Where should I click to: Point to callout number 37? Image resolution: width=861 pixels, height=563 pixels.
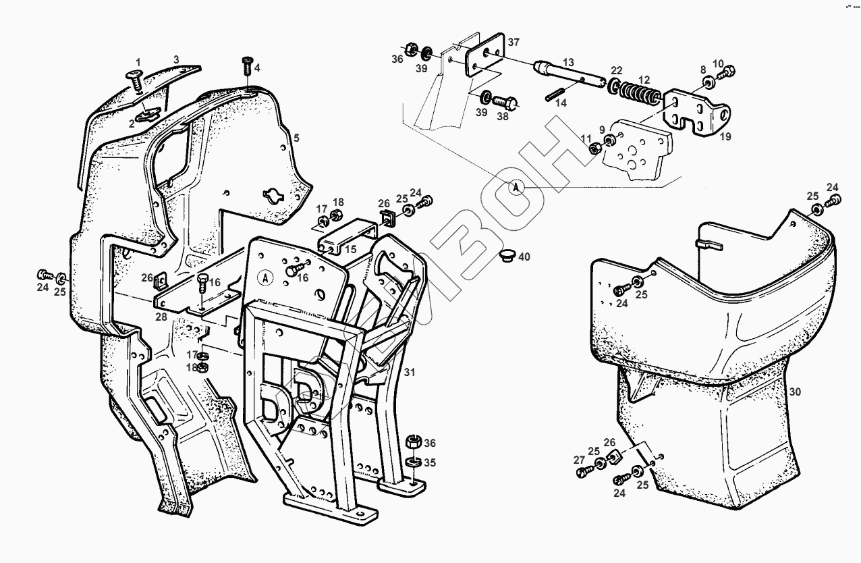pyautogui.click(x=514, y=43)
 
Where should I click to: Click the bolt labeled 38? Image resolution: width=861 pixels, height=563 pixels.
pyautogui.click(x=505, y=103)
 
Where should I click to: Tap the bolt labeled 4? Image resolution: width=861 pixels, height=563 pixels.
pyautogui.click(x=246, y=67)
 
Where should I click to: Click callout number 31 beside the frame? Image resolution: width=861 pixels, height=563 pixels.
pyautogui.click(x=410, y=372)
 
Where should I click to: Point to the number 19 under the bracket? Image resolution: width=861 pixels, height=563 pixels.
pyautogui.click(x=725, y=136)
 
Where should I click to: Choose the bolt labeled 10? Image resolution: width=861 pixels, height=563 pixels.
pyautogui.click(x=727, y=70)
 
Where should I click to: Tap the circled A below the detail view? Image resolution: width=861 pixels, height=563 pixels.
pyautogui.click(x=517, y=188)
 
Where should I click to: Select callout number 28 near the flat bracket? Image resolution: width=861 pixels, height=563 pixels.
pyautogui.click(x=161, y=317)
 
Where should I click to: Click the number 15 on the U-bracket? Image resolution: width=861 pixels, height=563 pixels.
pyautogui.click(x=350, y=249)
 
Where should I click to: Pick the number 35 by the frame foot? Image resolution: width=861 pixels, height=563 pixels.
pyautogui.click(x=430, y=462)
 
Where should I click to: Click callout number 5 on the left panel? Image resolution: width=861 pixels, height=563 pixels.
pyautogui.click(x=295, y=138)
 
